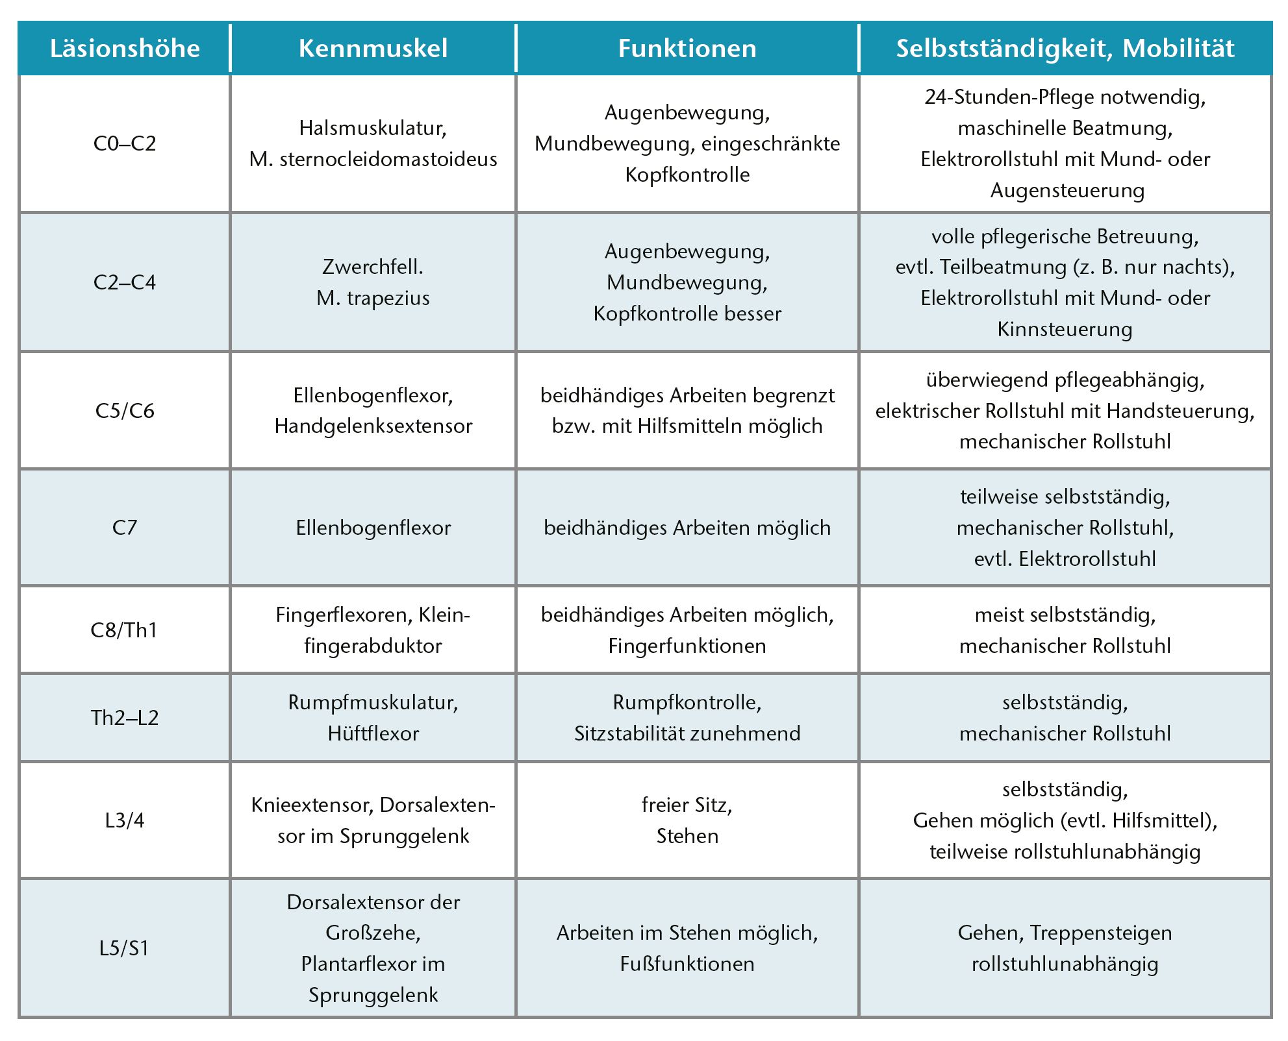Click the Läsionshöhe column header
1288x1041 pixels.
point(125,49)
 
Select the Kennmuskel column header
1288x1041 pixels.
point(373,49)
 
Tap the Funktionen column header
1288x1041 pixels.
point(687,49)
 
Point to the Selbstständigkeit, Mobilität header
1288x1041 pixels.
point(1065,49)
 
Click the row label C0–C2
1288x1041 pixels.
point(125,143)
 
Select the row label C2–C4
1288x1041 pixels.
point(125,282)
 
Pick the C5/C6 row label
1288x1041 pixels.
point(125,411)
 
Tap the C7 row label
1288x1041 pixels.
point(125,528)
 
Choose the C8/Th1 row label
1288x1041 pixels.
point(124,630)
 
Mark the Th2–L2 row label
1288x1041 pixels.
point(125,718)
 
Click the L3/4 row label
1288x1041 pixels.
point(125,820)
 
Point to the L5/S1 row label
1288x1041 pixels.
point(124,948)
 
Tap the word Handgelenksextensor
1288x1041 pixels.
point(373,426)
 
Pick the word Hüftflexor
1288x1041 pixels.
point(373,733)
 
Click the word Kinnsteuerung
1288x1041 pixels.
point(1065,329)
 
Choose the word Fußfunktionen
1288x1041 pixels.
point(687,964)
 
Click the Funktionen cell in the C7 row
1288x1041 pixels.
point(687,528)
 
